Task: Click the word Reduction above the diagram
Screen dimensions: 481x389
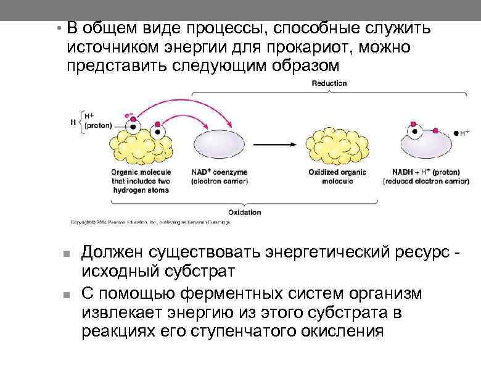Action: (329, 83)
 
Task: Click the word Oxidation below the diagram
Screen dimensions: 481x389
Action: (245, 212)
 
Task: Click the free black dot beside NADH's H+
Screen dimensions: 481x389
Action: (456, 133)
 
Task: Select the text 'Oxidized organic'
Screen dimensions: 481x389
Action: (337, 172)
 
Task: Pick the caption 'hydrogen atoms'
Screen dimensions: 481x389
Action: (140, 190)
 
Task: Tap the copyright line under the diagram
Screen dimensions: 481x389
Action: (150, 222)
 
